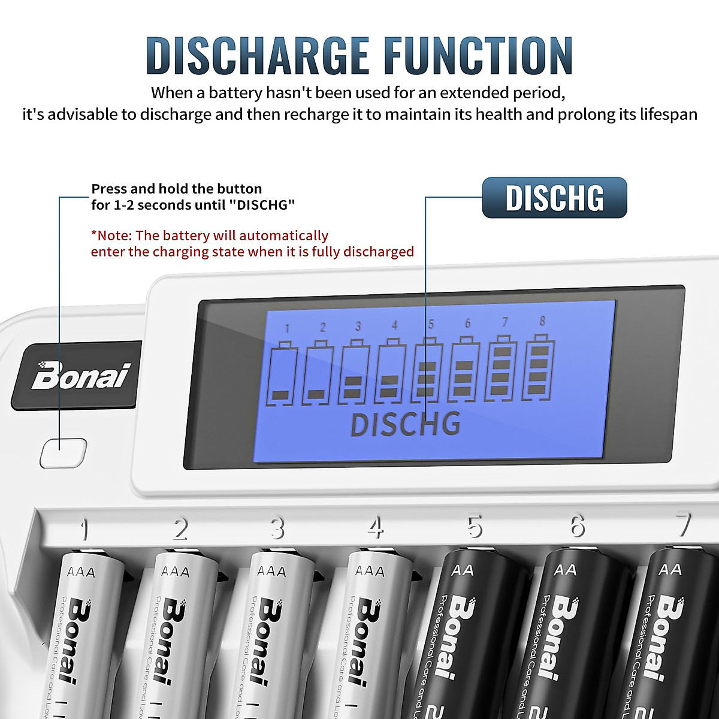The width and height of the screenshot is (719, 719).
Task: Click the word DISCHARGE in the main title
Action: (258, 56)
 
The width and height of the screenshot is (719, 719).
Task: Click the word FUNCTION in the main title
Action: (479, 56)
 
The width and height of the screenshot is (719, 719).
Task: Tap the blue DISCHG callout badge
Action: (554, 198)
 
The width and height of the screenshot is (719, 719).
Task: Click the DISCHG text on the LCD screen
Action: (406, 424)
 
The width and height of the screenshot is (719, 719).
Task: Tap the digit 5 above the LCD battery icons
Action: (431, 325)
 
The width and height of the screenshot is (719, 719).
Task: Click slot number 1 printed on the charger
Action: (84, 530)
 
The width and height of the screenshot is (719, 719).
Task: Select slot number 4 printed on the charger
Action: (376, 528)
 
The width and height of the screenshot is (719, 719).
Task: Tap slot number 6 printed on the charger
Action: (577, 526)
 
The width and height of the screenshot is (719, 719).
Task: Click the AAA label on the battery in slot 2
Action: (175, 572)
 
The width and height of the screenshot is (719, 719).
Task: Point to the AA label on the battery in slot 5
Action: (463, 570)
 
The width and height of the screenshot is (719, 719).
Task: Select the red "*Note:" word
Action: (112, 235)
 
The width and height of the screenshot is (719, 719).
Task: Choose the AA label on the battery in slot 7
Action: (670, 569)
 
